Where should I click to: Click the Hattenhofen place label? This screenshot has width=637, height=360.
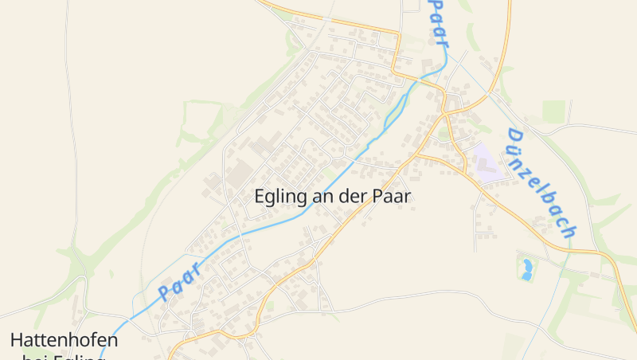point(64,340)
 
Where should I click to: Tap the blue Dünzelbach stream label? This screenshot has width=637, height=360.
point(541,183)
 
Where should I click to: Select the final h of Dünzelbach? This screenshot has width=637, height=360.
point(568,231)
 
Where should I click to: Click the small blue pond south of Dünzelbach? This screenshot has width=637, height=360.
point(526,268)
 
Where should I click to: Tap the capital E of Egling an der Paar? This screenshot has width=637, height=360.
point(260,196)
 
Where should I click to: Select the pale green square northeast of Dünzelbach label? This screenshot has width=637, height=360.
point(553,112)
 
